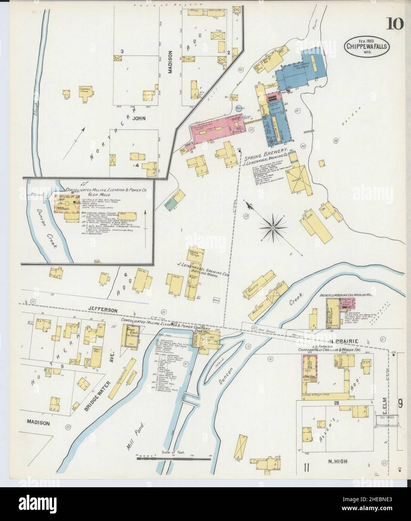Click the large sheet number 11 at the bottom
point(307,467)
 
